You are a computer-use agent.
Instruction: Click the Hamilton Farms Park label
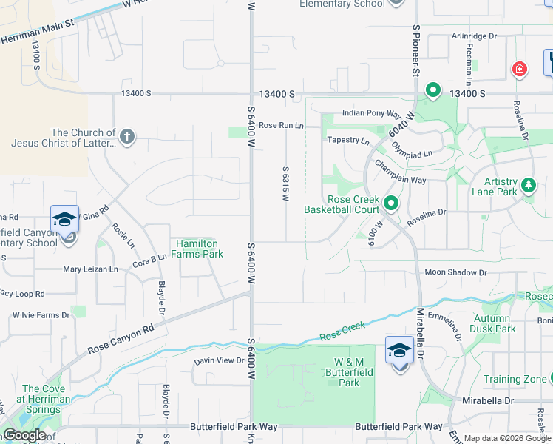pos(199,249)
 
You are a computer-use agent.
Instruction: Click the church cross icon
pos(127,136)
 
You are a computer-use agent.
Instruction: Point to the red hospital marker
pos(520,70)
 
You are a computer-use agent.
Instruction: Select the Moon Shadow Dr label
pos(456,273)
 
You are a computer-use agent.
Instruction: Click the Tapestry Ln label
pos(348,140)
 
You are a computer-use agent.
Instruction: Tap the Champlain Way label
pos(399,172)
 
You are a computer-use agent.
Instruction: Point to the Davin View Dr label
pos(219,360)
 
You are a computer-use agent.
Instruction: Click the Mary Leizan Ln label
pos(91,269)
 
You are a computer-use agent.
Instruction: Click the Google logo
pos(24,435)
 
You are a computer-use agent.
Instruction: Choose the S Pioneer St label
pos(416,50)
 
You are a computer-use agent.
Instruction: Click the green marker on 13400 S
pos(432,91)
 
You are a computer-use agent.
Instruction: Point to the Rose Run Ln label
pos(281,126)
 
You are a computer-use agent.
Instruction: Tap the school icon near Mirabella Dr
pos(399,351)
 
